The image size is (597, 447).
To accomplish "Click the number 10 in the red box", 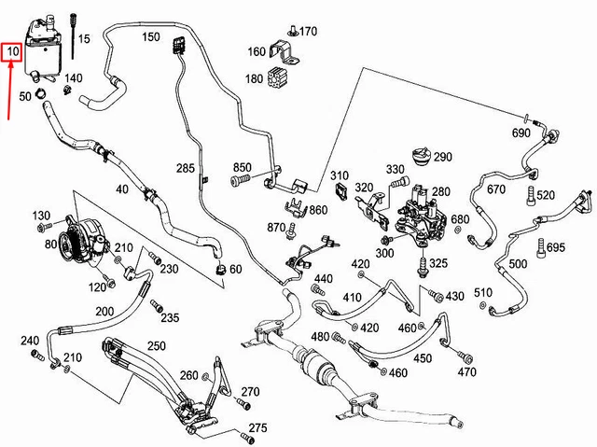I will click(11, 52).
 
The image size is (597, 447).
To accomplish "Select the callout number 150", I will click(150, 37).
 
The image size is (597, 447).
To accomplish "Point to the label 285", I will click(185, 168).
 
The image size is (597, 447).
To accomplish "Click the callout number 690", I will click(520, 134).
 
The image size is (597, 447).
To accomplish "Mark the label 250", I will click(156, 345).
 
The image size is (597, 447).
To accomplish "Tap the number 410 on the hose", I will click(352, 298).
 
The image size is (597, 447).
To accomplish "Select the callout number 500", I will click(518, 264).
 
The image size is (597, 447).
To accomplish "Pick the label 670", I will click(495, 189).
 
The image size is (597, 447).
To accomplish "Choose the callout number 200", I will click(104, 311).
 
